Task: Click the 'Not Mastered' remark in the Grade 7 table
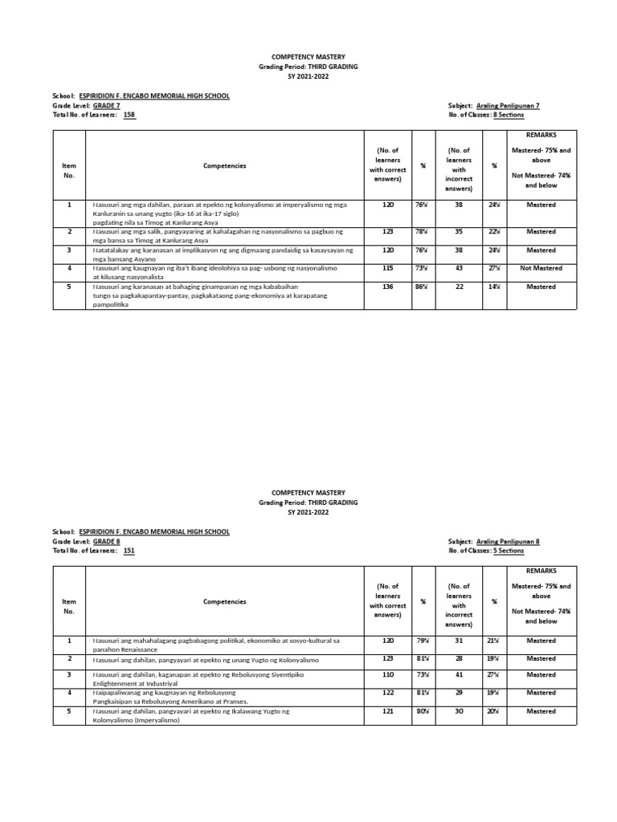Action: coord(541,268)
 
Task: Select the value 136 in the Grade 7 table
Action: coord(389,287)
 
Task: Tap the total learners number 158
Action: coord(129,116)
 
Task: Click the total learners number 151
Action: coord(129,551)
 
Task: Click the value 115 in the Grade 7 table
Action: coord(389,268)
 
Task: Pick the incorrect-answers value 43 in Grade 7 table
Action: coord(459,268)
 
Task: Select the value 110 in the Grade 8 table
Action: coord(389,675)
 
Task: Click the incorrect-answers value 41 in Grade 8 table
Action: coord(459,675)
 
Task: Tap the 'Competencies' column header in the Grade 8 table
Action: coord(225,601)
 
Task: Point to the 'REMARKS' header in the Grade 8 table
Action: coord(541,571)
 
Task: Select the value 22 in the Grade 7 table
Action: coord(459,287)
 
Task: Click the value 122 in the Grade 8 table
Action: coord(389,693)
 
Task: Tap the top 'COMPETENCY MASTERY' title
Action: coord(308,57)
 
